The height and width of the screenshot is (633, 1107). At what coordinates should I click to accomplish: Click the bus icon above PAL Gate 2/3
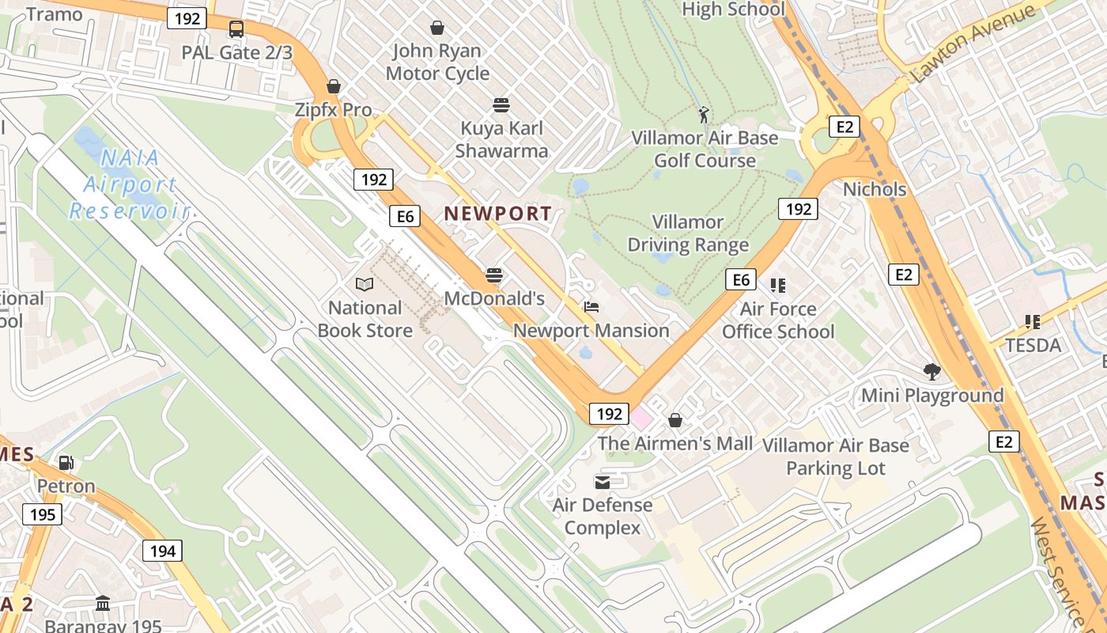236,30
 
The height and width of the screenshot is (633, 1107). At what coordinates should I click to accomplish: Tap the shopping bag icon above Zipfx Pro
334,86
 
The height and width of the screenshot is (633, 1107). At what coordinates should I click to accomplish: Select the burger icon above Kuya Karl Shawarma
501,105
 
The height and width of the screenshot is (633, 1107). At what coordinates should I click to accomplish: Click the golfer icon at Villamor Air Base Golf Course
704,116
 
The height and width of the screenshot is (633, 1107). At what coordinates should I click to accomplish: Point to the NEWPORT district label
497,213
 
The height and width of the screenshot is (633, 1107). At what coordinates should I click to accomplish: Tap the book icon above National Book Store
364,284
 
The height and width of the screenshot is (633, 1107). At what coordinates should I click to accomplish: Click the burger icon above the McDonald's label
494,275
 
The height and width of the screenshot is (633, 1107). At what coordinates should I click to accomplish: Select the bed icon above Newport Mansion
591,307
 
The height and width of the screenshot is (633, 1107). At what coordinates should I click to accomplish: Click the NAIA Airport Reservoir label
130,184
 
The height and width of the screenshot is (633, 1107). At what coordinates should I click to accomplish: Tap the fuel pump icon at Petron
66,462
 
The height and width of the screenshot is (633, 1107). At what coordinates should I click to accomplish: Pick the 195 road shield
42,514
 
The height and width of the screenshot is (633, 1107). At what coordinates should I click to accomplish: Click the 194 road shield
163,550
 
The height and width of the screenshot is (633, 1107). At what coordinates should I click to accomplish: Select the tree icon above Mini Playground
932,371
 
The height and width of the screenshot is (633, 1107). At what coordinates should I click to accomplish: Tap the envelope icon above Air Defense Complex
603,482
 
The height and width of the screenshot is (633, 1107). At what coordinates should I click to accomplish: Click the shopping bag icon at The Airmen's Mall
675,420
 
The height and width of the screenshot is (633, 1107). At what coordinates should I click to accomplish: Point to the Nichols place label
875,189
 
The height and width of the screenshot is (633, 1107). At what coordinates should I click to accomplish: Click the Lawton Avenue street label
973,44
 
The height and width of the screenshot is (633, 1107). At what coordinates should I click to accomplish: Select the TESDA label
1033,345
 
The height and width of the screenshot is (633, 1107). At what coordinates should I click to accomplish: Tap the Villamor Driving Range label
688,233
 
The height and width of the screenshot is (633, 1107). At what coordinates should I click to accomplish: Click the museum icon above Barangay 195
103,604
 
